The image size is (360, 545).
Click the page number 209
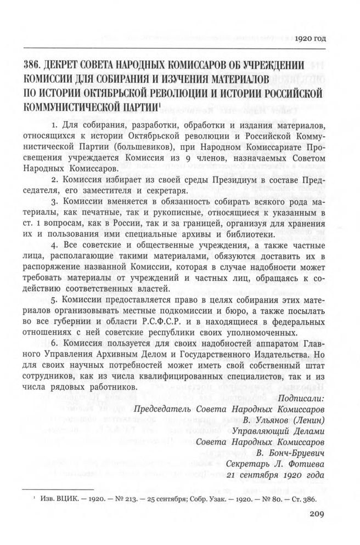tap(318, 514)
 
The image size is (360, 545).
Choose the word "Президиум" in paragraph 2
tap(229, 179)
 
